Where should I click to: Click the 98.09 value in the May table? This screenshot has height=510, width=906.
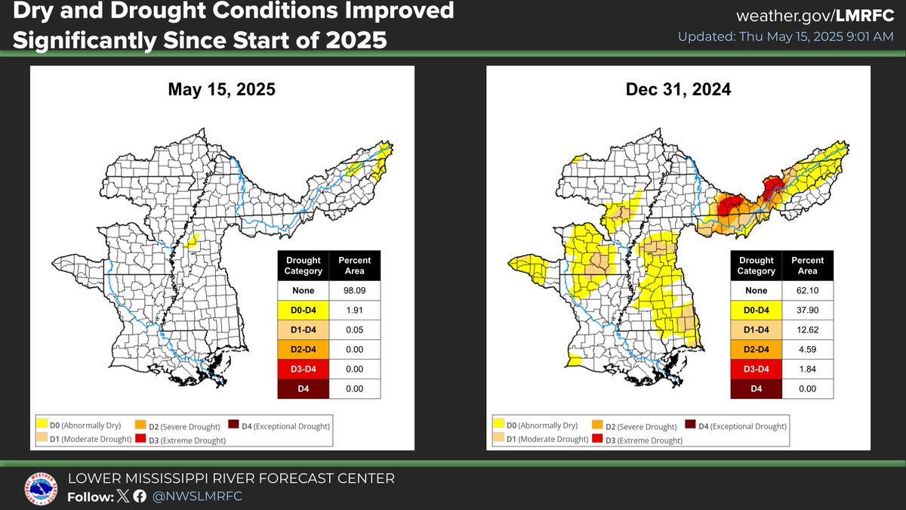[x=354, y=290]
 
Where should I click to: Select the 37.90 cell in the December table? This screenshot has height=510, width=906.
[x=807, y=311]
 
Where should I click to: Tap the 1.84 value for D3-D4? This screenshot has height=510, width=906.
[x=807, y=369]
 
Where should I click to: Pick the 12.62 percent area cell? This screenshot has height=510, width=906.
[x=807, y=330]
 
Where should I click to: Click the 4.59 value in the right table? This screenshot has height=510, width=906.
[x=807, y=350]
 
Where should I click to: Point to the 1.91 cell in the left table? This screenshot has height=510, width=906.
[x=354, y=310]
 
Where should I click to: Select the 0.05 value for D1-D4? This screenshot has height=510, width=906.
[x=354, y=329]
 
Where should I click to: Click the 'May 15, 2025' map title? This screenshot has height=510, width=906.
[x=221, y=90]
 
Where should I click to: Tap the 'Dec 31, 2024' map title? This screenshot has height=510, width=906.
[x=678, y=90]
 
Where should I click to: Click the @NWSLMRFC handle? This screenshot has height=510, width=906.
[x=197, y=496]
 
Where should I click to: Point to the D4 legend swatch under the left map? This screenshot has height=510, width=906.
[x=235, y=426]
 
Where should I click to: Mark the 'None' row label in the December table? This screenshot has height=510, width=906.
[x=756, y=291]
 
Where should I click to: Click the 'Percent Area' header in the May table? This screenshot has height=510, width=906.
[x=354, y=265]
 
